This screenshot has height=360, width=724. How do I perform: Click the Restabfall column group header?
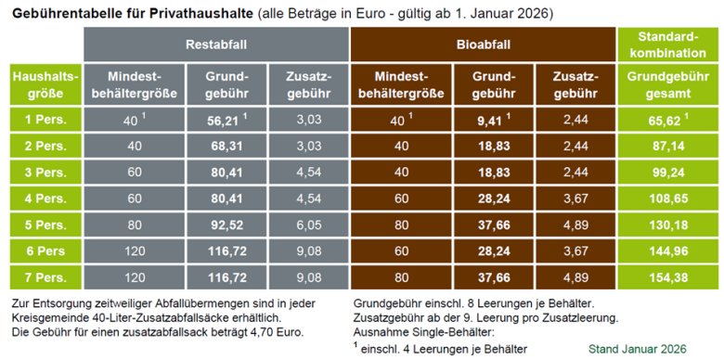coord(215,44)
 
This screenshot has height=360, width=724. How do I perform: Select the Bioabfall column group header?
coord(484,44)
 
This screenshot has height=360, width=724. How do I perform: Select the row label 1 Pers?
coord(42,120)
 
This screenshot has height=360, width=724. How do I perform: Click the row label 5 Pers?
coord(42,225)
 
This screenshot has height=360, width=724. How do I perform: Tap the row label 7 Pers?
coord(42,277)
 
